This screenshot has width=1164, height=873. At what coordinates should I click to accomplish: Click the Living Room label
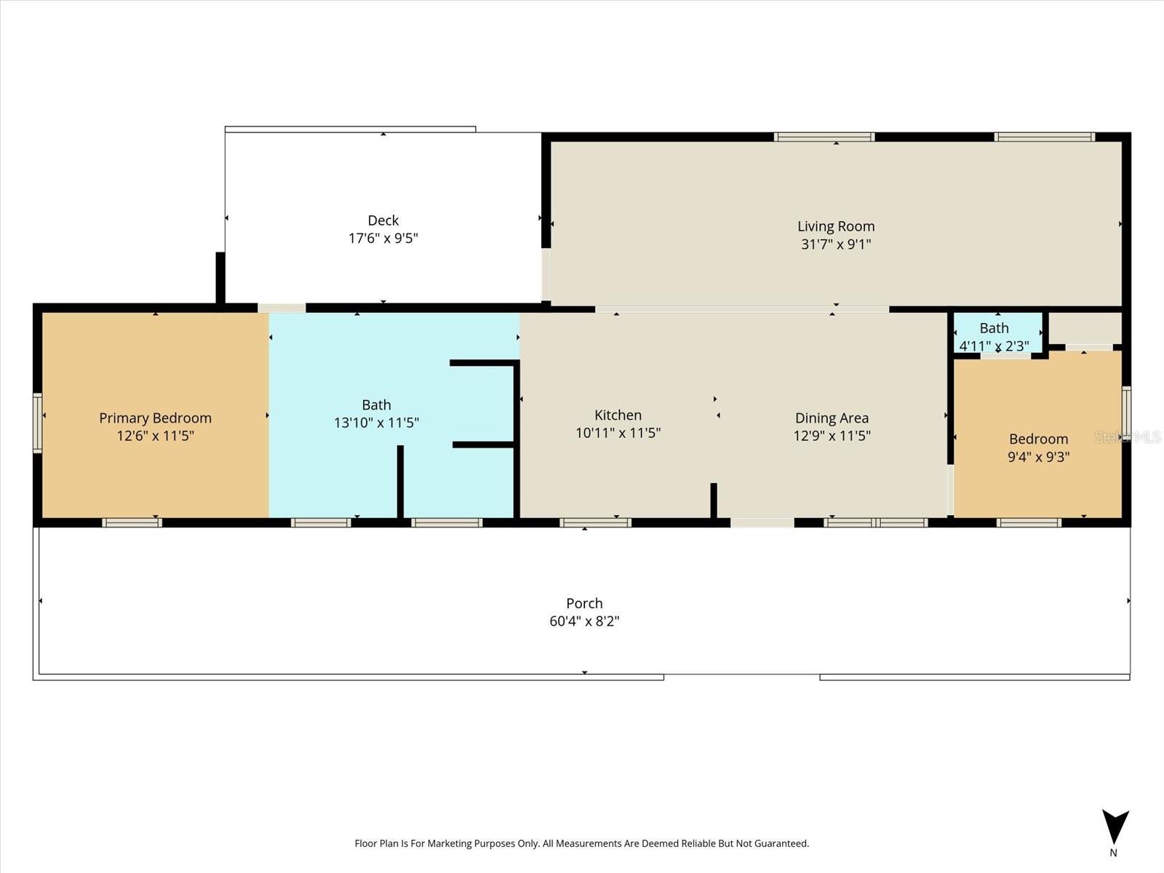(836, 226)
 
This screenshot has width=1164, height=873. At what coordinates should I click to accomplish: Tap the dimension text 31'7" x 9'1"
(836, 244)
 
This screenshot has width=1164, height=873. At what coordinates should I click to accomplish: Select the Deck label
(383, 220)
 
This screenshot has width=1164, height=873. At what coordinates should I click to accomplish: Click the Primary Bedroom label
(155, 418)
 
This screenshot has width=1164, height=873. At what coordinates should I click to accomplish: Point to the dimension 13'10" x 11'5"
(376, 423)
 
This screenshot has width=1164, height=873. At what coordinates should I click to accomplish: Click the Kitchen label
(618, 415)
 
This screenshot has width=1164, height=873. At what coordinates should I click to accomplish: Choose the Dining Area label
(832, 418)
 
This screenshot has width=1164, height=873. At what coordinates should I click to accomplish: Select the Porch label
(584, 603)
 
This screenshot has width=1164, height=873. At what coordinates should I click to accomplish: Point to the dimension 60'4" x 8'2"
(584, 621)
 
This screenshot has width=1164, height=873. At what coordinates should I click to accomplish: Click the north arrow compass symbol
(1115, 829)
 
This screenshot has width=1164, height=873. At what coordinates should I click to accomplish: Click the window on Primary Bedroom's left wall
(38, 423)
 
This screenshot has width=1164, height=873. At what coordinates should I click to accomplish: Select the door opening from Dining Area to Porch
(762, 522)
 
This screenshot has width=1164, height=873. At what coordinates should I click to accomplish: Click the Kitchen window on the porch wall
(595, 522)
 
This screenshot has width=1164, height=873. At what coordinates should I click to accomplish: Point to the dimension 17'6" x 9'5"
(383, 239)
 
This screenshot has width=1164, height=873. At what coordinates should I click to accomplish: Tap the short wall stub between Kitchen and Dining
(714, 500)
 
